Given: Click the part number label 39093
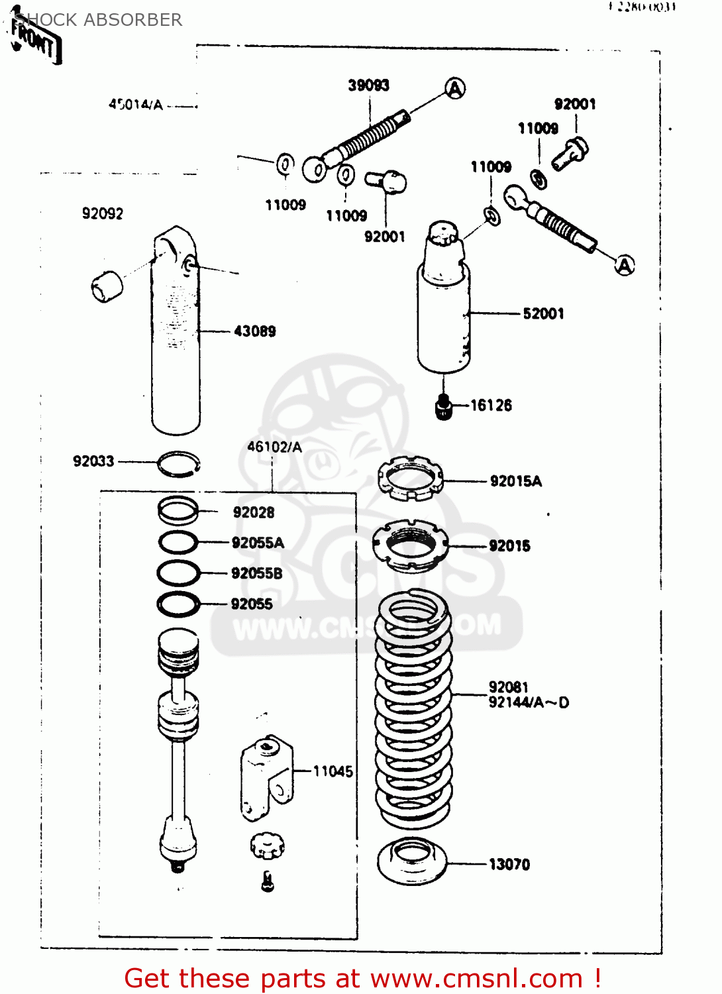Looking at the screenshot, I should click(x=368, y=85).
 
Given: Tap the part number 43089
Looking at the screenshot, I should click(x=254, y=331).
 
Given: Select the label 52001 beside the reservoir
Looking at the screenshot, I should click(x=543, y=313).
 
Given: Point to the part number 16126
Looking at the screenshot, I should click(x=491, y=406).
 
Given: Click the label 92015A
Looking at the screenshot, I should click(x=515, y=481).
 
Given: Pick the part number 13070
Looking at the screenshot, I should click(x=509, y=864).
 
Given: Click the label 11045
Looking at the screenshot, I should click(x=333, y=771).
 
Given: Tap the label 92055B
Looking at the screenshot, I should click(x=256, y=573).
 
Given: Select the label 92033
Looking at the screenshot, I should click(x=93, y=461).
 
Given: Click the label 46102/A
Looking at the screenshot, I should click(x=274, y=447).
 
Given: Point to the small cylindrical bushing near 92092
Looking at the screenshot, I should click(x=107, y=286).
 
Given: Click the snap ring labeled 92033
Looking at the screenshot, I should click(x=179, y=464).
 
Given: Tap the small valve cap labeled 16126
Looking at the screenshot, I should click(x=443, y=406).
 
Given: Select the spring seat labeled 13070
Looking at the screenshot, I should click(x=411, y=861).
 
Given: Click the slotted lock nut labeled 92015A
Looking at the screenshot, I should click(x=410, y=478).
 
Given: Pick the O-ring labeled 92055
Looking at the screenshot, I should click(x=178, y=604).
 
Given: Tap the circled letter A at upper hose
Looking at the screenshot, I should click(x=455, y=88).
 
